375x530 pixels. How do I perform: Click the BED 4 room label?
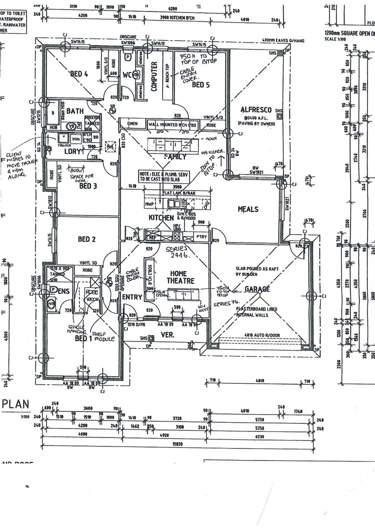[79, 74]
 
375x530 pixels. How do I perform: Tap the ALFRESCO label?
[255, 109]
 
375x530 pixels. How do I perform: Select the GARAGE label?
[257, 289]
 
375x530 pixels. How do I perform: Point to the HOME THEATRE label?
[178, 277]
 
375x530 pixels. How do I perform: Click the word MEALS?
[248, 209]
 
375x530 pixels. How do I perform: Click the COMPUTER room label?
[154, 76]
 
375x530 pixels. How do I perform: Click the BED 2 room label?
[86, 239]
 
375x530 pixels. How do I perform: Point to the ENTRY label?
[132, 297]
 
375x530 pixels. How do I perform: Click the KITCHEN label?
[161, 218]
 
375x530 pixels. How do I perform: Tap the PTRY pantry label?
[200, 237]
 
